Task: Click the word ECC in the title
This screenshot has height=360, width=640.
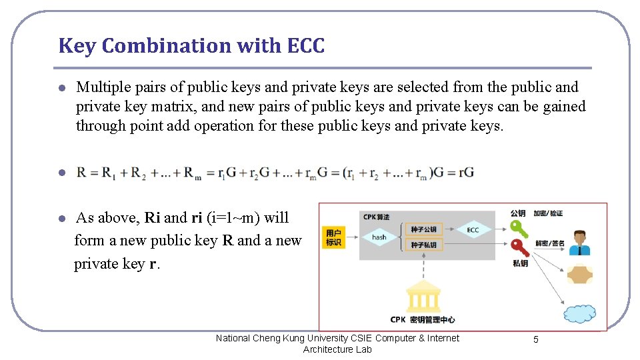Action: tap(306, 46)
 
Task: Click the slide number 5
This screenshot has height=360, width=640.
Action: tap(536, 339)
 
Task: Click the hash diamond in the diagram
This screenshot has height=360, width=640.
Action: tap(379, 237)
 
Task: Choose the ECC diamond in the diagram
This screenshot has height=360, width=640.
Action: tap(473, 230)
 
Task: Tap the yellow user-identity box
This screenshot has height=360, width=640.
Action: tap(334, 237)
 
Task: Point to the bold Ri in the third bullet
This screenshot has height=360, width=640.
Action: tap(153, 218)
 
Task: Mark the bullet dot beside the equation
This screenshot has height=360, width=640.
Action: tap(61, 173)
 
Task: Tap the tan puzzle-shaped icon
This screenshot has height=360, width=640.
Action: tap(579, 275)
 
